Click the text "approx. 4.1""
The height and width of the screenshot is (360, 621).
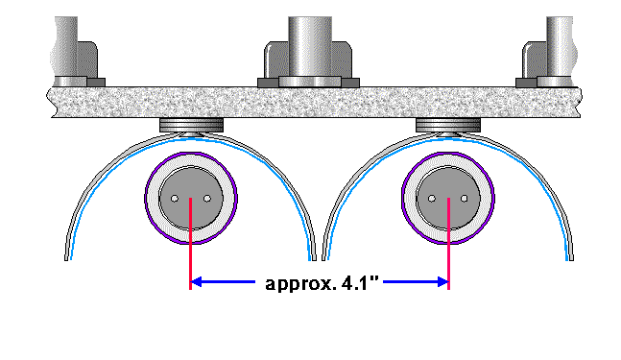pos(322,284)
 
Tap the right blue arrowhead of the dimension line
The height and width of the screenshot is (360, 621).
pos(442,282)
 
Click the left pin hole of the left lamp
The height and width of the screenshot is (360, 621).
pos(175,199)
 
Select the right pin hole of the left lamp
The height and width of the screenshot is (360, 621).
pos(207,199)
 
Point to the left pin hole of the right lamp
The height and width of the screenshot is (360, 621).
pos(432,199)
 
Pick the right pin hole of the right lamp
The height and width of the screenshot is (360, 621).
pos(465,199)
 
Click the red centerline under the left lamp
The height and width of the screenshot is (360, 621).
pos(190,244)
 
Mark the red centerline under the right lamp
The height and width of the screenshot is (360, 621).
pos(448,244)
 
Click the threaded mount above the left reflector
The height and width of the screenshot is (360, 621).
pos(191,125)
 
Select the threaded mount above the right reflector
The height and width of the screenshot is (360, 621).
pos(448,125)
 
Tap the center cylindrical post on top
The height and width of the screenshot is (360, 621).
pos(310,47)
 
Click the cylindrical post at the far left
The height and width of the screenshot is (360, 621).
pos(65,47)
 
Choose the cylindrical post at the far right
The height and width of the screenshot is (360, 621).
pos(560,47)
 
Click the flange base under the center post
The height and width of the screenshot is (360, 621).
pos(310,82)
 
